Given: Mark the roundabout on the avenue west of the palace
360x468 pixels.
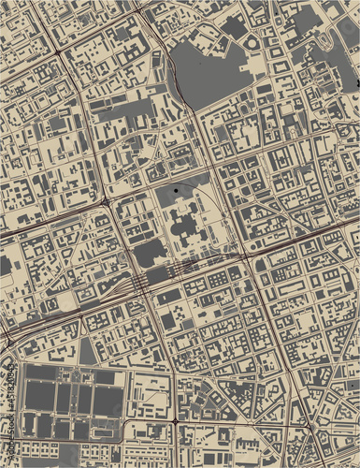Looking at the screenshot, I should [106, 201].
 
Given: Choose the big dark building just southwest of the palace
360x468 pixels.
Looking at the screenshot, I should [150, 253].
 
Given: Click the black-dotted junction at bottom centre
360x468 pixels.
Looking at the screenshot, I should [175, 423].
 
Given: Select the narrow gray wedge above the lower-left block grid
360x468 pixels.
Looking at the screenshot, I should [87, 351].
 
